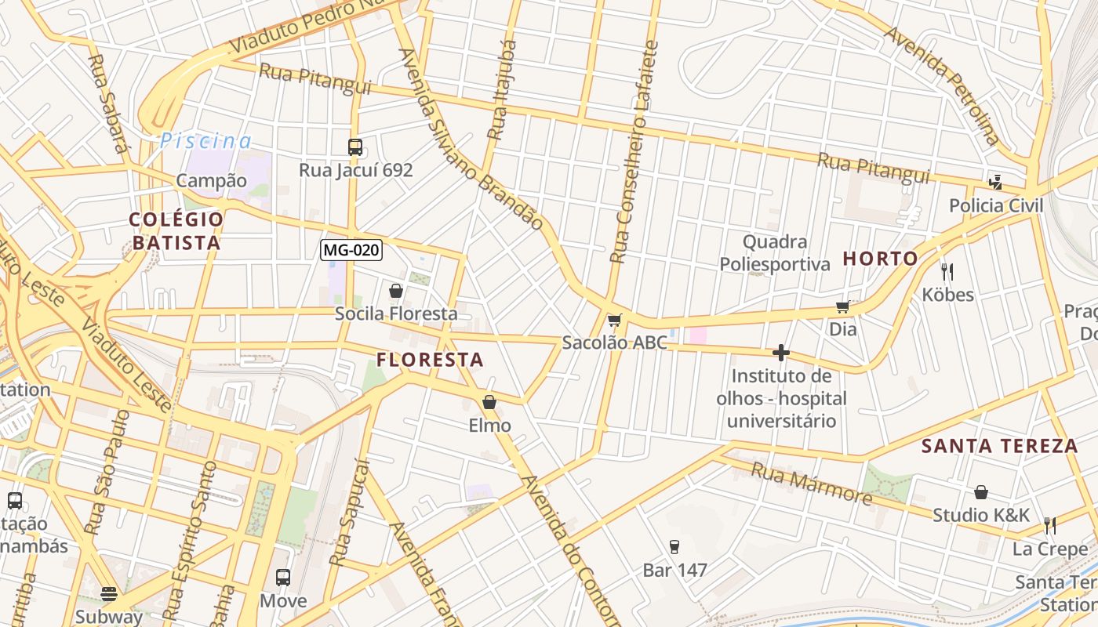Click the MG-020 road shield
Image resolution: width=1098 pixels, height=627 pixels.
point(351,250)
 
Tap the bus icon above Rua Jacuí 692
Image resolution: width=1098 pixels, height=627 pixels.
point(355,147)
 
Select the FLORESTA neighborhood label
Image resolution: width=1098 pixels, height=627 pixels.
point(430,360)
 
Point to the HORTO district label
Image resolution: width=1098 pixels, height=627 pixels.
point(880,259)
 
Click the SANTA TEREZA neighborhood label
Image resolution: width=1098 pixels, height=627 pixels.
point(999,446)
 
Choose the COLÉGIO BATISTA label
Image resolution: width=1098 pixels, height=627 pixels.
point(176,231)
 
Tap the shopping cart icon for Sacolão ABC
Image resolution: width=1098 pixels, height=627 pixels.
point(614,320)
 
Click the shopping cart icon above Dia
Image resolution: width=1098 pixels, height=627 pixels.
point(843,306)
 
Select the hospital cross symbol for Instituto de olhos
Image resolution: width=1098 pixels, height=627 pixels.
point(780,353)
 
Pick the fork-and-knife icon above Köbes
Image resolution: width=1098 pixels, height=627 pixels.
point(947,272)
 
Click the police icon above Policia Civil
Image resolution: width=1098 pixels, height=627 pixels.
point(995,183)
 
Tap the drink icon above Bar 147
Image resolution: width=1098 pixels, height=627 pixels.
point(674,547)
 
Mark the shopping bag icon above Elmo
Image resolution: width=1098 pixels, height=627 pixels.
point(489,402)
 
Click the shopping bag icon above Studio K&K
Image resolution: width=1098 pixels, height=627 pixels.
point(980,492)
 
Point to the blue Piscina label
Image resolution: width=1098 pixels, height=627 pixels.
point(206,141)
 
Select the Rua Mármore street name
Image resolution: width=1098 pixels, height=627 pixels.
point(812,484)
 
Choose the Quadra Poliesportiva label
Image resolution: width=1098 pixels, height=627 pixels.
point(775,252)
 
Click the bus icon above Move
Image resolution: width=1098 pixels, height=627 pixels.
point(283,578)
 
